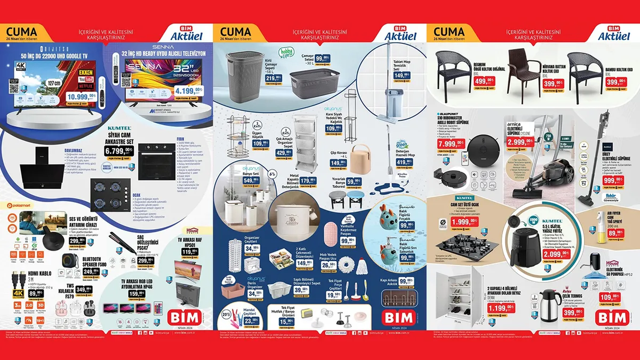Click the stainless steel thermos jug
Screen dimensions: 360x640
tap(549, 306)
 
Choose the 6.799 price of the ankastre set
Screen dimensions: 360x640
tap(121, 151)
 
